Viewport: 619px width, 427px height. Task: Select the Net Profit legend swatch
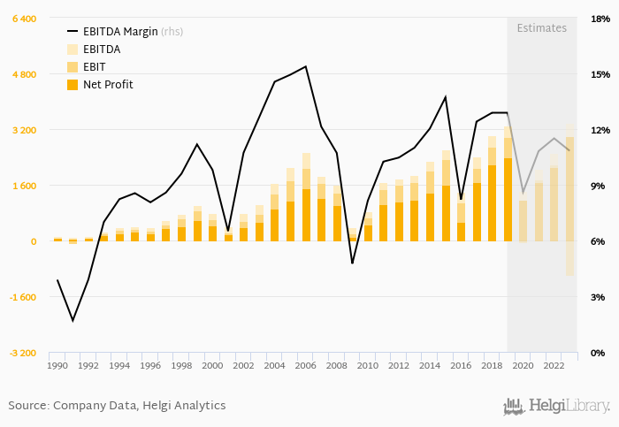click(x=73, y=84)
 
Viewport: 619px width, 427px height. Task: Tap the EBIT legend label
click(x=95, y=66)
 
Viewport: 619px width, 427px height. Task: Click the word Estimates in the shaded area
click(x=541, y=27)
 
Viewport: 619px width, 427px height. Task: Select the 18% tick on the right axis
click(x=600, y=19)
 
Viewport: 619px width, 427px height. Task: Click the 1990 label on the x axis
click(x=57, y=365)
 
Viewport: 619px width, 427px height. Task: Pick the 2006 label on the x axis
click(x=306, y=365)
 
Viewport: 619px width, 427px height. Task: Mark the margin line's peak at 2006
click(x=306, y=66)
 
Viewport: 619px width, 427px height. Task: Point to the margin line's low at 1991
click(x=73, y=320)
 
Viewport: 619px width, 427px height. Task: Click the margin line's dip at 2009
click(x=352, y=263)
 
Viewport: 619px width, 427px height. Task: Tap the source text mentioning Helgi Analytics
click(x=117, y=406)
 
